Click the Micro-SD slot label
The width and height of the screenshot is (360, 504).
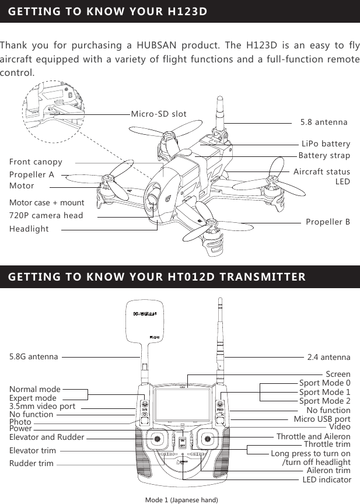coord(159,114)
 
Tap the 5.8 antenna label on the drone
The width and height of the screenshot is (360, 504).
coord(323,123)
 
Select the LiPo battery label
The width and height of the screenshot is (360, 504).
coord(326,143)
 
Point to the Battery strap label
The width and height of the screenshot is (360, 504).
coord(324,155)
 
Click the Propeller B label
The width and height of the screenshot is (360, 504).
coord(328,222)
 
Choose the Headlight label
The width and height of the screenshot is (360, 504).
coord(29,229)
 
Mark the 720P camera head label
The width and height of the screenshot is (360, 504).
coord(46,215)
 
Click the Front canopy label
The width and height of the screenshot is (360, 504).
coord(36,161)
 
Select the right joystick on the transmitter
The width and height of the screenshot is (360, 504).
coord(208,439)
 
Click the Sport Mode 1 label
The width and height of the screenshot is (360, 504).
coord(324,392)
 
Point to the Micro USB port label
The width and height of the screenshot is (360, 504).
coord(321,419)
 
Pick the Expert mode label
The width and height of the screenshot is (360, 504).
coord(33,398)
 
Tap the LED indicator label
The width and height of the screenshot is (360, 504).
coord(327,480)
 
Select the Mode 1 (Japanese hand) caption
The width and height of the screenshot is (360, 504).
coord(181,500)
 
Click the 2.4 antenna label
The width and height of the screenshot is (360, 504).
coord(328,356)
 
